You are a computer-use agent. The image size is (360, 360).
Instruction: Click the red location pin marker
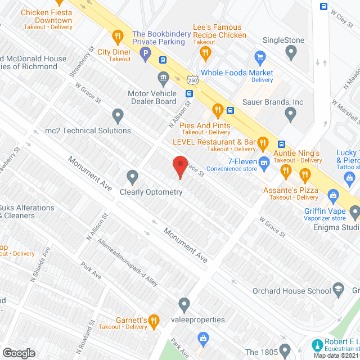coord(179,166)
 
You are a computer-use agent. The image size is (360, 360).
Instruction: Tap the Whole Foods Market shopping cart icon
coord(260,56)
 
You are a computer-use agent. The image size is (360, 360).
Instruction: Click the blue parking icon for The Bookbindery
coord(145,55)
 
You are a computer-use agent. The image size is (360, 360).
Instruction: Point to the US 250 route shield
coord(192,81)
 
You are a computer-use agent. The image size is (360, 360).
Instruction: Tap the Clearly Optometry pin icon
coord(133,177)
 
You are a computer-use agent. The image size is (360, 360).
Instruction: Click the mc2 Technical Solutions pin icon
coord(118,116)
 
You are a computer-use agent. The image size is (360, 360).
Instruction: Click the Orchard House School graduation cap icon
coord(338,289)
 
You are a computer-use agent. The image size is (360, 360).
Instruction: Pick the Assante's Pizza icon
coord(305,178)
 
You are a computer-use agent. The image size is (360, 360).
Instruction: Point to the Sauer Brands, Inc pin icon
coord(290,115)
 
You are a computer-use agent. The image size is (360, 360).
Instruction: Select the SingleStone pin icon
coord(290,53)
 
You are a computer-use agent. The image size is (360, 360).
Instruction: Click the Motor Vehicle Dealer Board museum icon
coord(163,76)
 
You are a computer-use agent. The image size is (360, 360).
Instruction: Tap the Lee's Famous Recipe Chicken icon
coord(205,53)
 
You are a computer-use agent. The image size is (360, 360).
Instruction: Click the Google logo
coord(19,353)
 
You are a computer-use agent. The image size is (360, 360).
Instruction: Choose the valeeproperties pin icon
coord(184,305)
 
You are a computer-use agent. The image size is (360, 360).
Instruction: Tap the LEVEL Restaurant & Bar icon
coord(262,145)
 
